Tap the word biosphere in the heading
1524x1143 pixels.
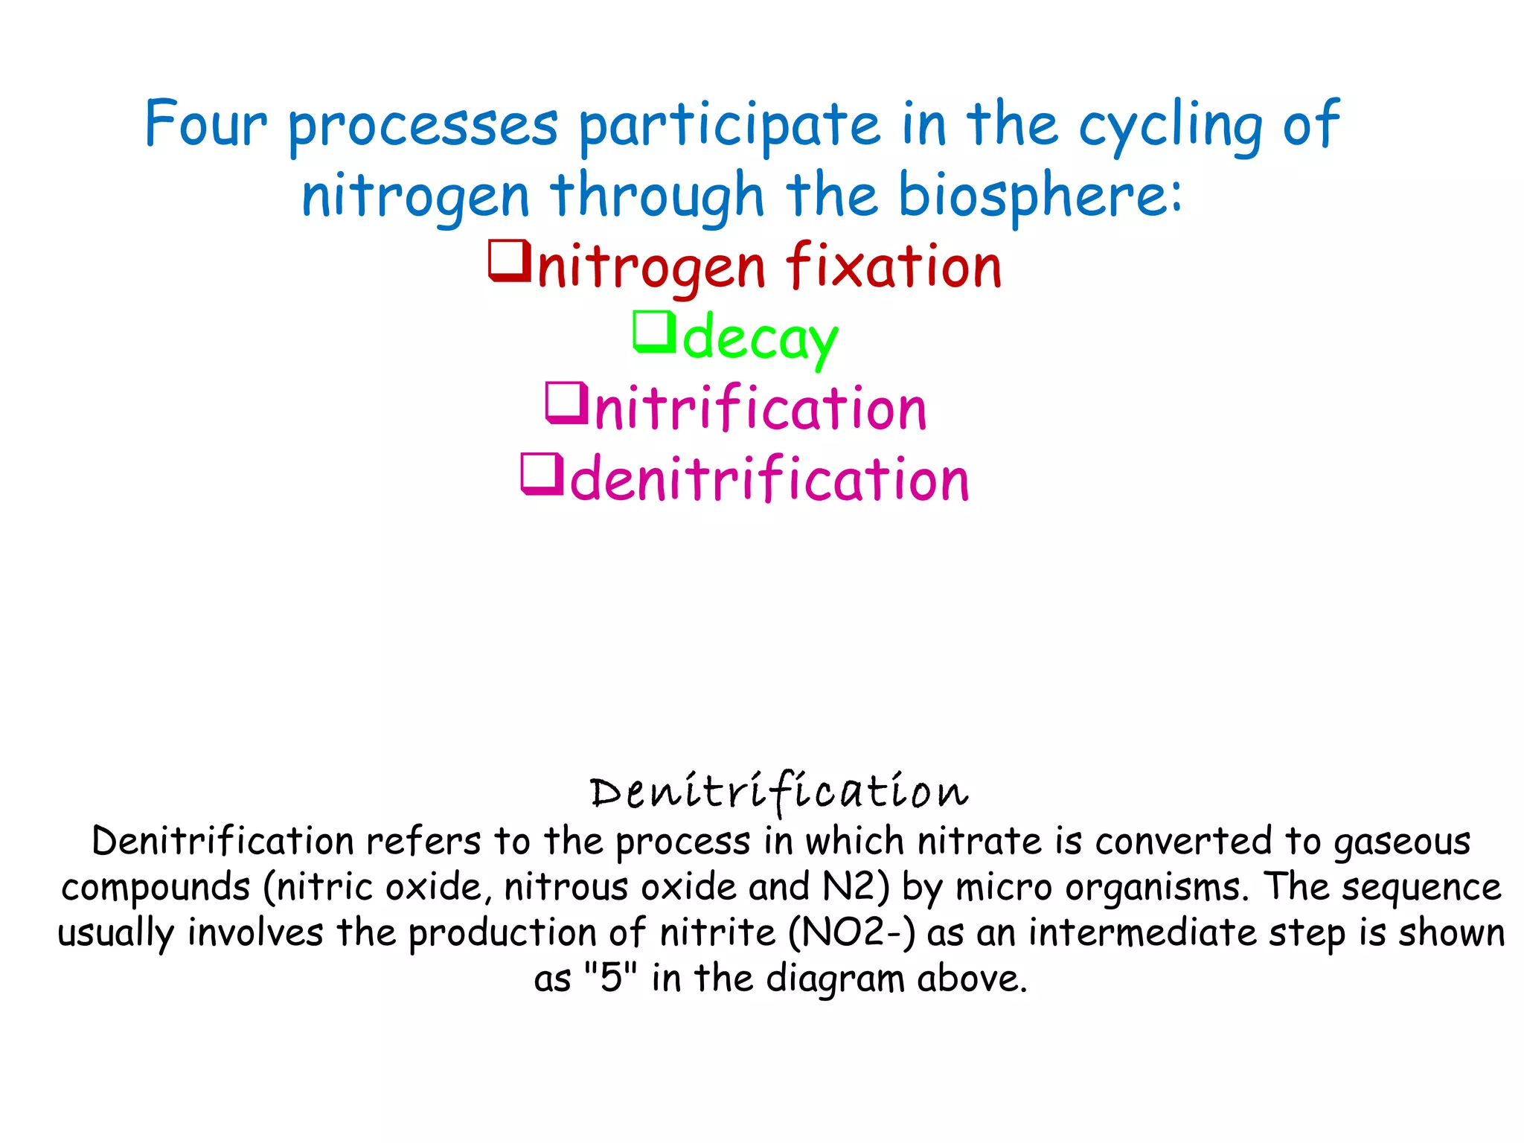tap(1040, 195)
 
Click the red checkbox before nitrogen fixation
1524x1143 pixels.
tap(509, 260)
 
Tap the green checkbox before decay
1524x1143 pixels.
tap(653, 332)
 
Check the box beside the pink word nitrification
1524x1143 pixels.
tap(567, 403)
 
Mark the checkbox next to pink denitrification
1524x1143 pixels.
tap(542, 474)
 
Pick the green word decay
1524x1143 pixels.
tap(760, 339)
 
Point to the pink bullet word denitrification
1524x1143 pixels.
tap(769, 479)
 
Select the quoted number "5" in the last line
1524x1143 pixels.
tap(610, 978)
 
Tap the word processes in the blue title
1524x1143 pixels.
tap(423, 125)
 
